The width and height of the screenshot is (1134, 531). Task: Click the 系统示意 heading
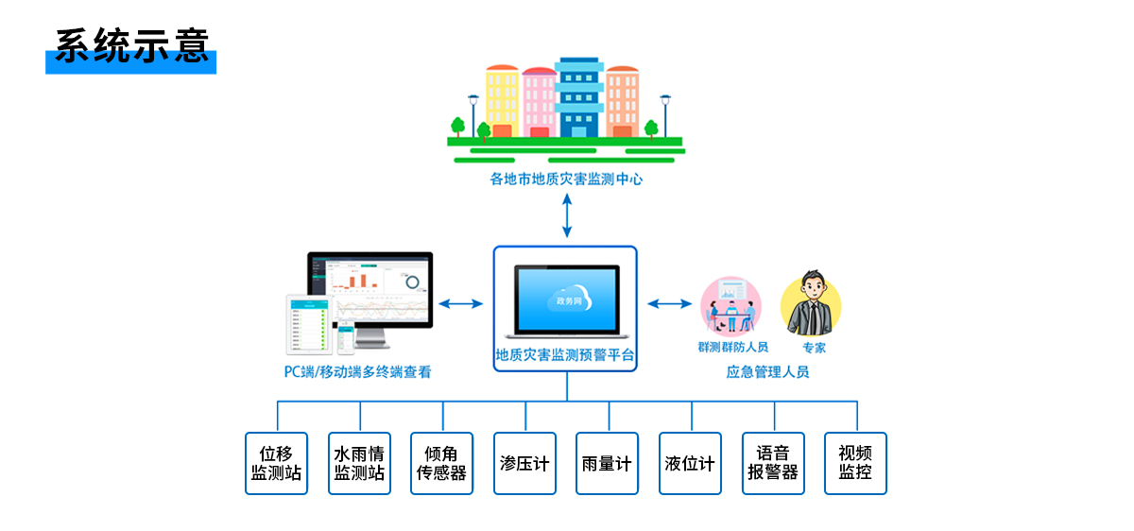[130, 46]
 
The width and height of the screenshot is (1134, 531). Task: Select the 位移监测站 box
[276, 463]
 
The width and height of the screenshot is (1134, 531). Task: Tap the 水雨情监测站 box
[359, 463]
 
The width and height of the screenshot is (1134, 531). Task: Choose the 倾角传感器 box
[441, 463]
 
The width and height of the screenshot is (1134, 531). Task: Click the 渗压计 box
[524, 463]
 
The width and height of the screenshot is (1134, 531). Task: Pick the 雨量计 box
[607, 463]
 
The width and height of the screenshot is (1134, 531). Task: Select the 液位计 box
[690, 463]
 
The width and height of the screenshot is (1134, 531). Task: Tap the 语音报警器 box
[773, 463]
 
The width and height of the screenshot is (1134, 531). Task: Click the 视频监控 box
[855, 463]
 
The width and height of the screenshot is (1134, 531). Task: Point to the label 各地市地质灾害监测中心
[566, 179]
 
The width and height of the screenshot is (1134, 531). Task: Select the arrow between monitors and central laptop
[461, 303]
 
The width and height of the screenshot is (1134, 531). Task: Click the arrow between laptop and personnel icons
[669, 303]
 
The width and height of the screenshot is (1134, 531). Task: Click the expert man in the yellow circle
[811, 305]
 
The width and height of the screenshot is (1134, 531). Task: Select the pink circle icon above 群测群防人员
[730, 305]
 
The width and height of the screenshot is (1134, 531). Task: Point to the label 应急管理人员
[767, 372]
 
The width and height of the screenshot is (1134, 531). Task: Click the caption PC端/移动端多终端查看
[358, 372]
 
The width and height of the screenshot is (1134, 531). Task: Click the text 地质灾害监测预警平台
[565, 356]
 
